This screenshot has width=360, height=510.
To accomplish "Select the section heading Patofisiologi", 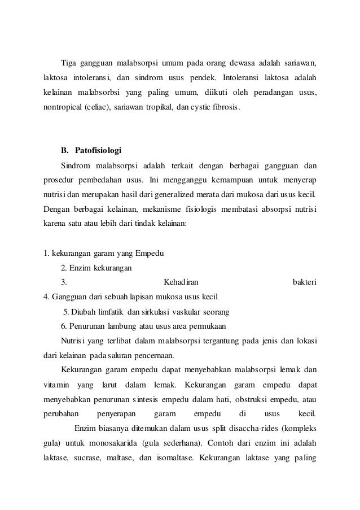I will [98, 151].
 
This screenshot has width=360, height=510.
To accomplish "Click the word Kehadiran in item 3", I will [180, 281].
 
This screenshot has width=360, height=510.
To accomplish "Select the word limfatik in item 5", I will [111, 311].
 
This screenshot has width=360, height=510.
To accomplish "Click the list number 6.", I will [63, 326].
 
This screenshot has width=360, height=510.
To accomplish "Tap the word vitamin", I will [56, 385].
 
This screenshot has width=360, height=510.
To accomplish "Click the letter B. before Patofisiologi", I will [64, 151].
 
